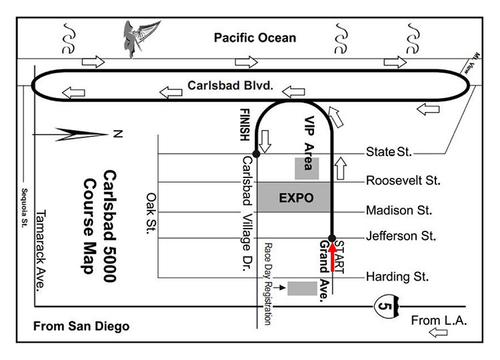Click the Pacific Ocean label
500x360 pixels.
coord(255,37)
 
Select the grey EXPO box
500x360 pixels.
coord(295,197)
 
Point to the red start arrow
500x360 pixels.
coord(331,256)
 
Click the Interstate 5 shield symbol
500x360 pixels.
coord(386,306)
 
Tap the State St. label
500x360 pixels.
coord(390,153)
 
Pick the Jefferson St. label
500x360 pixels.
coord(401,236)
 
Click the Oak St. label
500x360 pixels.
coord(150,214)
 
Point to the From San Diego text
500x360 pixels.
coord(81,326)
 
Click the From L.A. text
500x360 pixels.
coord(435,321)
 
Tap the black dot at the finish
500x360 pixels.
coord(257,153)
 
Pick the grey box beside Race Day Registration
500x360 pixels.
coord(302,288)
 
